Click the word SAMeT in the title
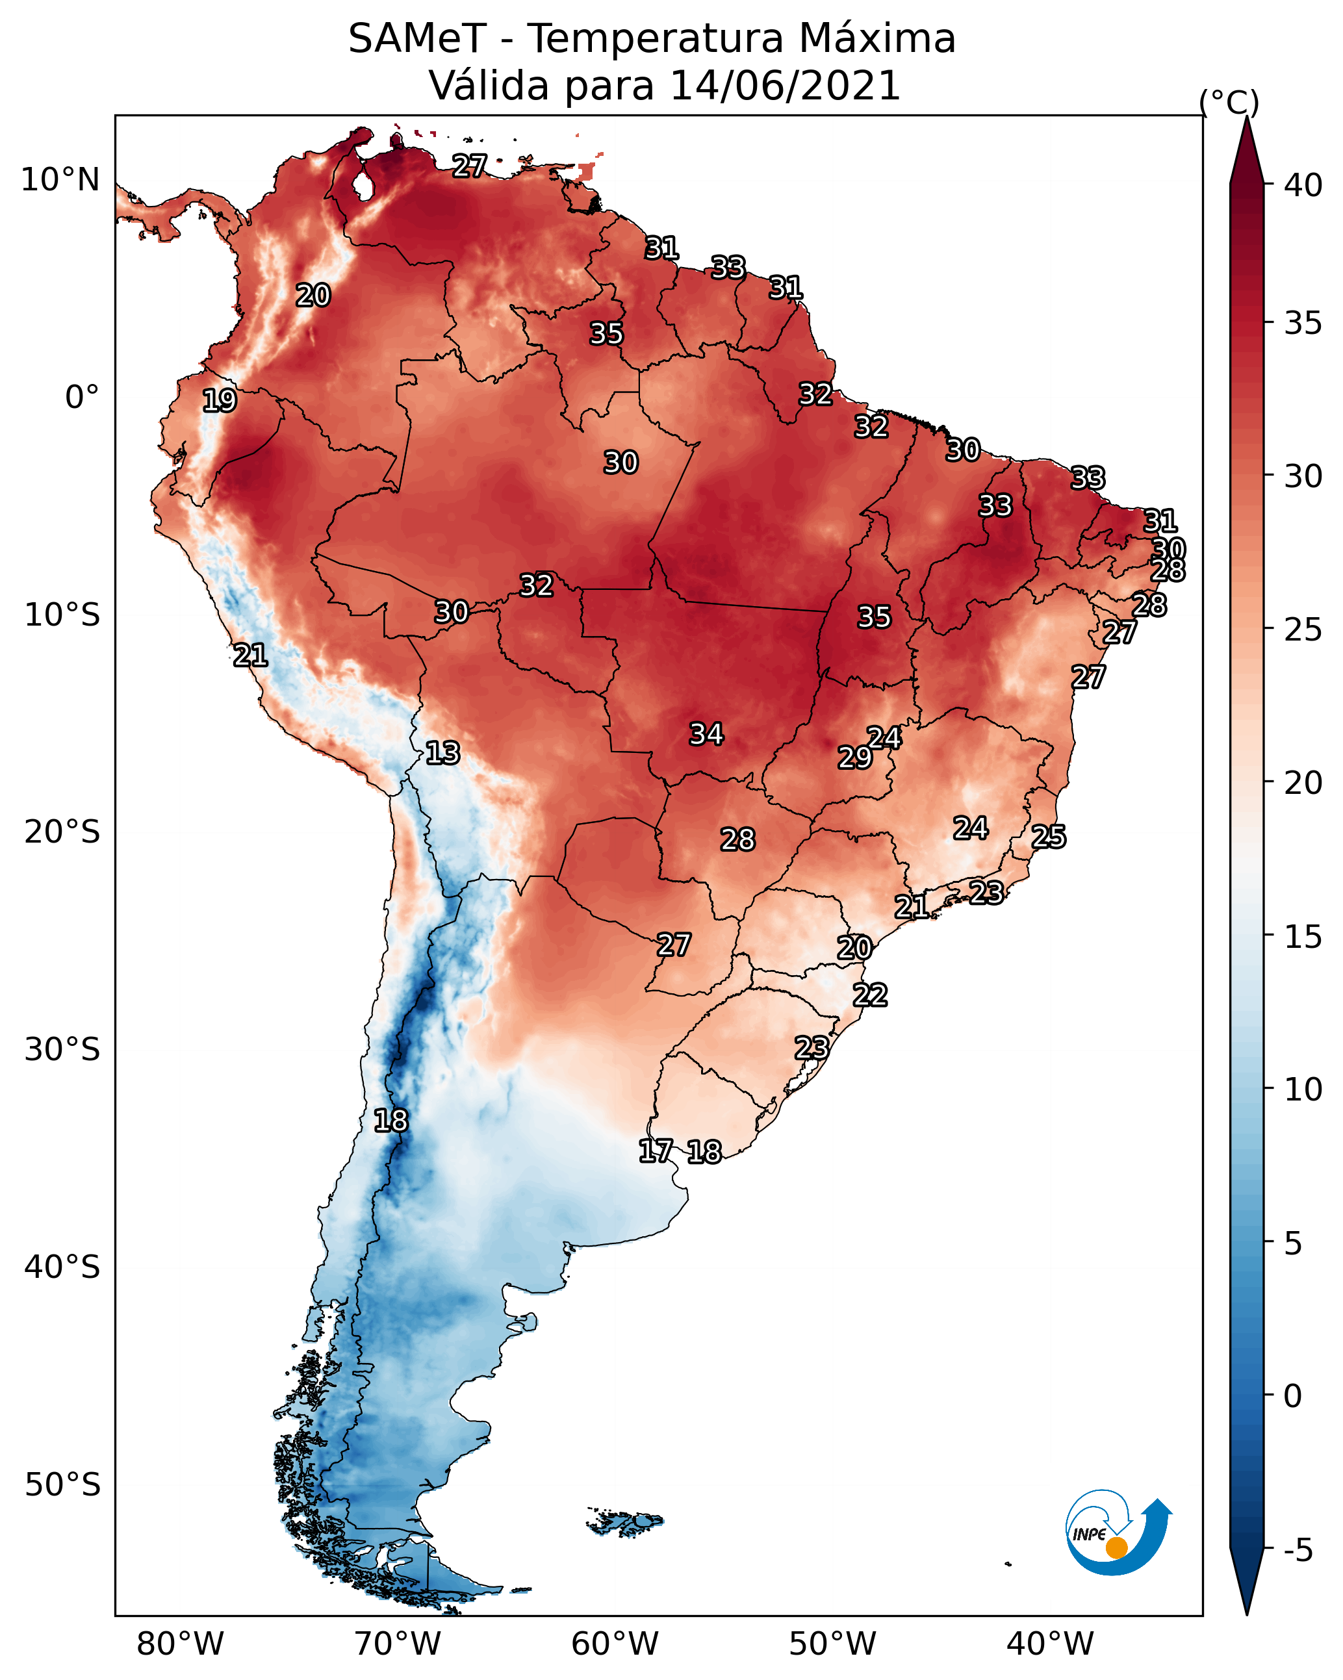pos(417,39)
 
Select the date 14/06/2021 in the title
pos(785,86)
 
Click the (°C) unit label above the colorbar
pos(1229,102)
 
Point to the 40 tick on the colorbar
pos(1303,185)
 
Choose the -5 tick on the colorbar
pos(1298,1551)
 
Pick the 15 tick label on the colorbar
pos(1303,937)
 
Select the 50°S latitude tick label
pos(62,1485)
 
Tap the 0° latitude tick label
pos(82,398)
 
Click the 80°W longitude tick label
pos(180,1644)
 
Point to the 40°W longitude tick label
pos(1050,1644)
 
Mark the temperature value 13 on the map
pos(442,754)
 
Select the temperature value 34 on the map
pos(706,734)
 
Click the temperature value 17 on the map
pos(656,1151)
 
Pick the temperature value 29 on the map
pos(855,757)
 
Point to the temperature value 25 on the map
pos(1049,837)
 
